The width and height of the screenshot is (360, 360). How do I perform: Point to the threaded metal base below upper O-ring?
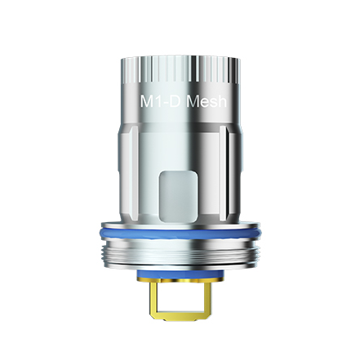point(180,253)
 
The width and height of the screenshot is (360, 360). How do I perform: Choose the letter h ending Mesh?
point(229,104)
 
